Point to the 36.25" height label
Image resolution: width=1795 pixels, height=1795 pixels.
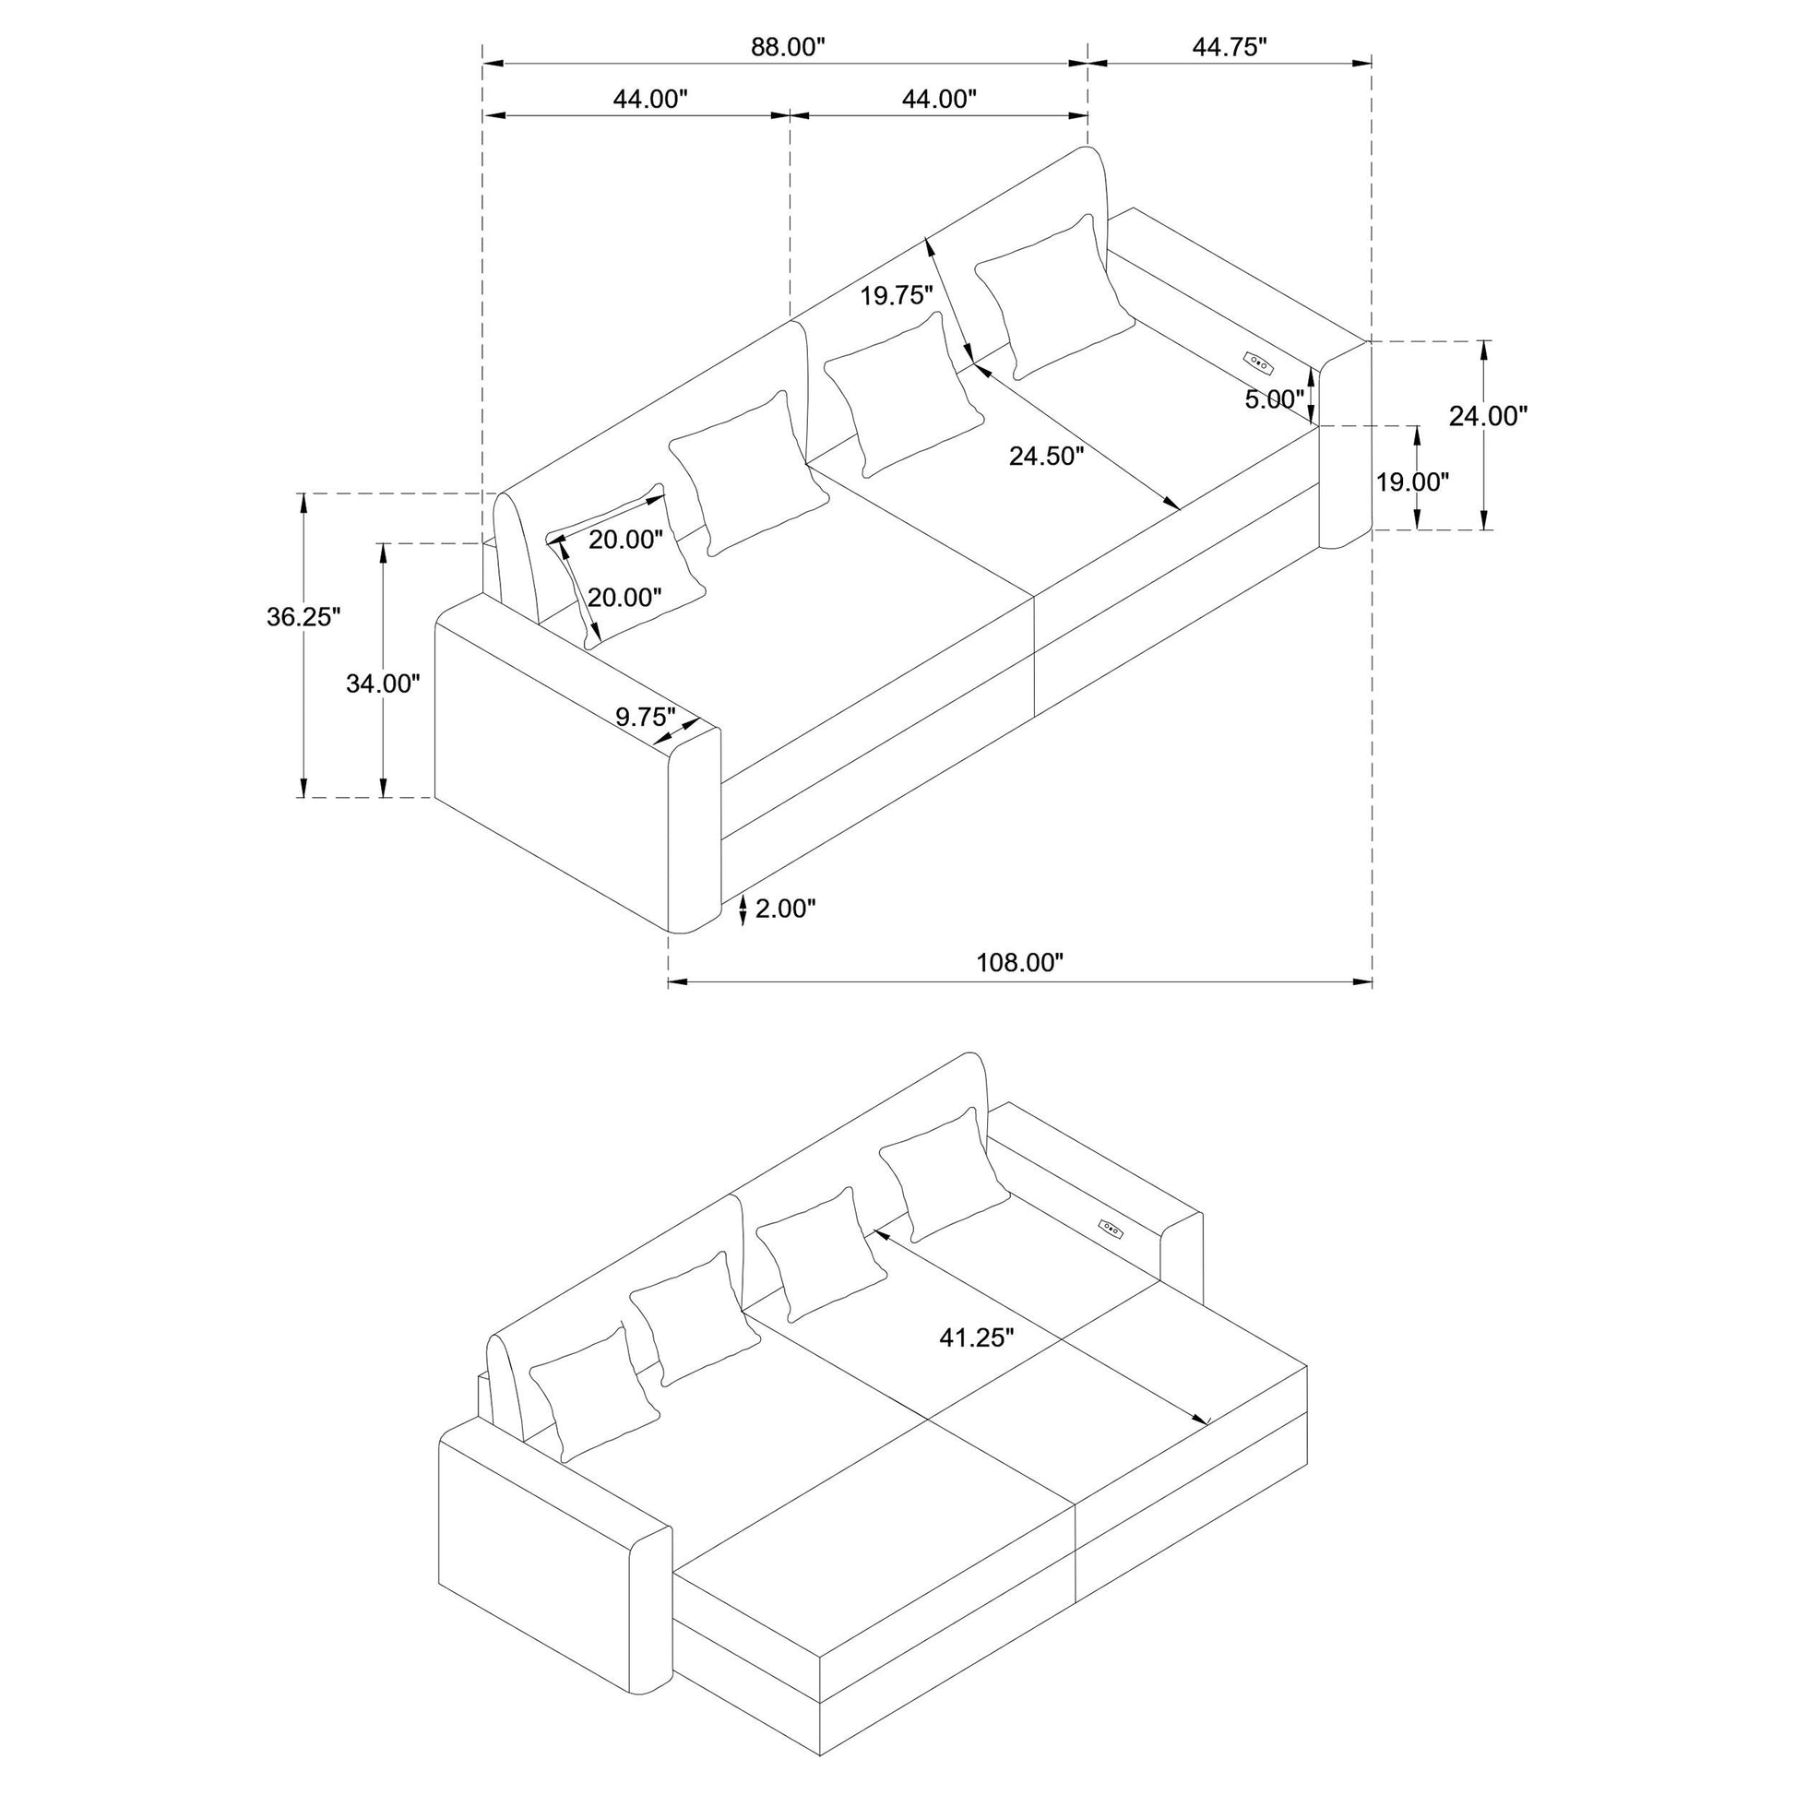pos(303,616)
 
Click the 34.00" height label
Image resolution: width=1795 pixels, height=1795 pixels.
pos(383,683)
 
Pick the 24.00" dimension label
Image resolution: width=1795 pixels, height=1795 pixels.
pos(1489,416)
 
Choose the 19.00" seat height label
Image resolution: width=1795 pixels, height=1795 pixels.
pos(1412,482)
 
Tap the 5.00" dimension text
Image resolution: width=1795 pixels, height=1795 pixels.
pos(1275,399)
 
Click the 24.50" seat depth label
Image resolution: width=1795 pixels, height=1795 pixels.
pos(1047,457)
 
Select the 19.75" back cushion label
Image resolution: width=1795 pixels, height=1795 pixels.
pos(896,295)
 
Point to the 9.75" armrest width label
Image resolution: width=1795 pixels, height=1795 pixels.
pos(645,717)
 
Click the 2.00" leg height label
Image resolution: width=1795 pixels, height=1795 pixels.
pos(785,908)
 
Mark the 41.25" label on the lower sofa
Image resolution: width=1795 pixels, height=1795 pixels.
pos(977,1337)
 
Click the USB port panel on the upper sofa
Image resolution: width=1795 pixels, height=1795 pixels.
pos(1256,361)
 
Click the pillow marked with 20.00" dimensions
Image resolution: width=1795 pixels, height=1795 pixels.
pos(625,565)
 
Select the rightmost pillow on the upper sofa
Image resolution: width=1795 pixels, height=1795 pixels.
pos(1054,296)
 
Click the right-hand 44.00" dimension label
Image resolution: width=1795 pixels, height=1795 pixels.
pos(939,99)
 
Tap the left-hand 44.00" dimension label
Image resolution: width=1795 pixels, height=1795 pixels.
pos(650,99)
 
